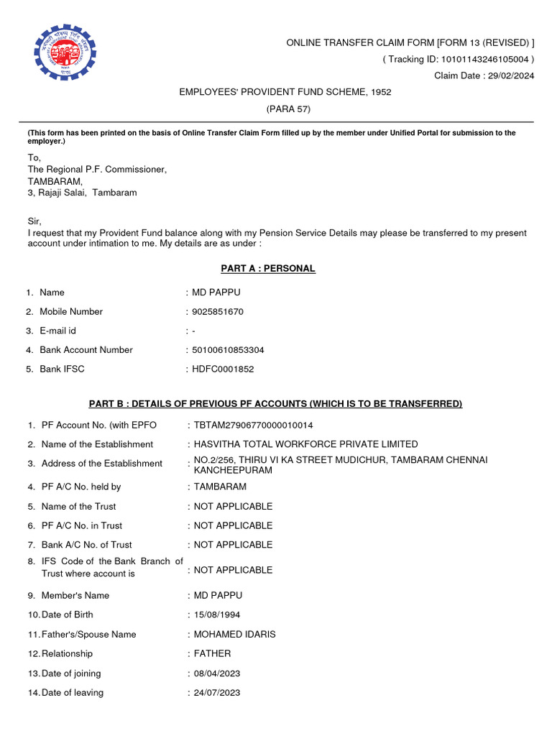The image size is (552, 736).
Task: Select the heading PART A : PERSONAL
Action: pos(267,269)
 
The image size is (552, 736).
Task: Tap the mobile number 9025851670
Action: pos(218,312)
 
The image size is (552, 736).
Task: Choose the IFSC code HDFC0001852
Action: pos(223,369)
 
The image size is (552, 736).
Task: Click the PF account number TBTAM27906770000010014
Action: pos(254,425)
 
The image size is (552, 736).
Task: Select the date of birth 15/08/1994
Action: pos(216,615)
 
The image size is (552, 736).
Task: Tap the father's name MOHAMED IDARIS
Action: pos(234,635)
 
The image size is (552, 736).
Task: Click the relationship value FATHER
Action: pos(213,654)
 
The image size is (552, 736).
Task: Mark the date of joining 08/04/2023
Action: pos(217,673)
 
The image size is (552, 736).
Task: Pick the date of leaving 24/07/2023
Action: pos(217,693)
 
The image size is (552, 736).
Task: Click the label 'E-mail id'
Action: pos(57,331)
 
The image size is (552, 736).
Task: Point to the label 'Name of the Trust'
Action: pos(78,507)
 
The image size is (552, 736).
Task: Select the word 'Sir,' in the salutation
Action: pos(34,221)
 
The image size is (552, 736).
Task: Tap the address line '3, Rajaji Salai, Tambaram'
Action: pos(82,193)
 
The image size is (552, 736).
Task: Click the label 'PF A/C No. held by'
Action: pos(81,487)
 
